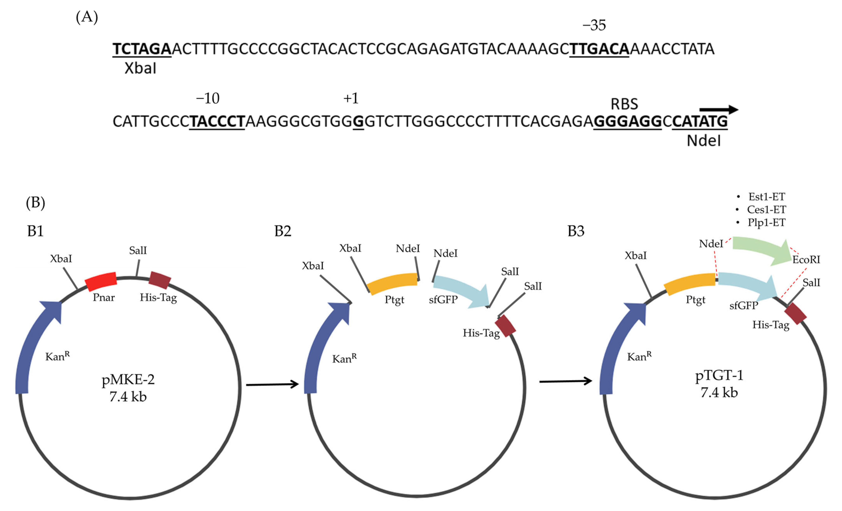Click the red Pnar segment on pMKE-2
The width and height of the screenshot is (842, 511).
101,282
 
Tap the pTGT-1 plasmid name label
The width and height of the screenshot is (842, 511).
719,375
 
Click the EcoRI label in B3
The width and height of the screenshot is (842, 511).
806,260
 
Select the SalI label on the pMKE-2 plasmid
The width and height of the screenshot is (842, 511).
138,250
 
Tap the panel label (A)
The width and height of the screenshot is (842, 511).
87,17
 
